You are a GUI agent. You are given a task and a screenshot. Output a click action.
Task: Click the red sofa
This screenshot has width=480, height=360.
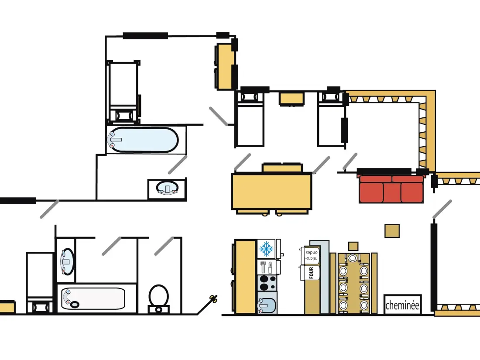pyautogui.click(x=391, y=189)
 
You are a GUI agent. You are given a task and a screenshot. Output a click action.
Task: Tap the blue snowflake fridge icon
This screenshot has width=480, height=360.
pyautogui.click(x=266, y=249)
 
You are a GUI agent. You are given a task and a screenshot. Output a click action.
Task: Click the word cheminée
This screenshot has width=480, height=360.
pyautogui.click(x=402, y=305)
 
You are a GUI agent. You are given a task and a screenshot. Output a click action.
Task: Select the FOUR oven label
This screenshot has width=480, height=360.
pyautogui.click(x=311, y=272)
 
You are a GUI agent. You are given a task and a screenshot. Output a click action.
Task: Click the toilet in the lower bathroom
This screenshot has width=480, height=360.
pyautogui.click(x=158, y=299)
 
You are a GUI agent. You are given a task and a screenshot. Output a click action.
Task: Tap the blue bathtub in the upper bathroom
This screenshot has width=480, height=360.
pyautogui.click(x=143, y=140)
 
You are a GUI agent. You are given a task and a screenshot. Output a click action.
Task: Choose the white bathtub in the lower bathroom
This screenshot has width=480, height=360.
pyautogui.click(x=93, y=298)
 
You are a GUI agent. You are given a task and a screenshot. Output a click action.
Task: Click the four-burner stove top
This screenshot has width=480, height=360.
pyautogui.click(x=267, y=283)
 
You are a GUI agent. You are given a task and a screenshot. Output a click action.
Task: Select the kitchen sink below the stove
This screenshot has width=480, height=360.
pyautogui.click(x=267, y=303)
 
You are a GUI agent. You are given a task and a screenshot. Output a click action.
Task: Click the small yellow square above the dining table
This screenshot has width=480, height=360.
pyautogui.click(x=392, y=231)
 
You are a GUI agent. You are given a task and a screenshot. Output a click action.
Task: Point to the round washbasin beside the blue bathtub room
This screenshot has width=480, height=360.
pyautogui.click(x=167, y=188)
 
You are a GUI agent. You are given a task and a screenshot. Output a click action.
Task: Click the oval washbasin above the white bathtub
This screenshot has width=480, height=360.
pyautogui.click(x=67, y=262)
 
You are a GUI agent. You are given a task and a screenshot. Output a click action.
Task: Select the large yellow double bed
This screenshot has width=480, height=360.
pyautogui.click(x=272, y=191)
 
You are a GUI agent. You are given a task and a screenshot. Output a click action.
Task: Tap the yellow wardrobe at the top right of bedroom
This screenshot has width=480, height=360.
pyautogui.click(x=225, y=66)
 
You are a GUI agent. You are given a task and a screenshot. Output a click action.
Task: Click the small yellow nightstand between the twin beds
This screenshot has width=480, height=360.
pyautogui.click(x=291, y=99)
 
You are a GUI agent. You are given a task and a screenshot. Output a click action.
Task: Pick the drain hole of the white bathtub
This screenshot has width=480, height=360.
pyautogui.click(x=74, y=304)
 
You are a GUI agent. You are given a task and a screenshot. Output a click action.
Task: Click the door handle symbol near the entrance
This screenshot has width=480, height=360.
pyautogui.click(x=213, y=298)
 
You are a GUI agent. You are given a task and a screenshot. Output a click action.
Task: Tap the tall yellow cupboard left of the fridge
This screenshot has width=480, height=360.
pyautogui.click(x=245, y=277)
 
